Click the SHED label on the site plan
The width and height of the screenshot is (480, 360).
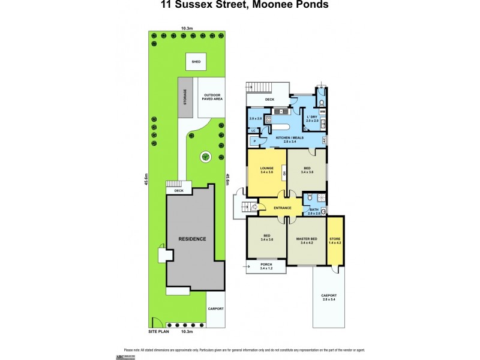tap(196, 62)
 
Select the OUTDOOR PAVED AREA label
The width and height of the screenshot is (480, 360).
tap(212, 97)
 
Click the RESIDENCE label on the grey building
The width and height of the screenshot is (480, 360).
tap(192, 239)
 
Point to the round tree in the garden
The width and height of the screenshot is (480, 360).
tap(205, 157)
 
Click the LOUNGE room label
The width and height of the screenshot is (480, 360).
tap(267, 170)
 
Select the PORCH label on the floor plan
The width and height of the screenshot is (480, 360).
tap(266, 266)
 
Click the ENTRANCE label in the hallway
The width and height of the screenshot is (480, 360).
tap(282, 208)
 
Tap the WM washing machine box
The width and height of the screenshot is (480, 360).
tap(322, 111)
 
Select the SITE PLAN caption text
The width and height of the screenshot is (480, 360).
tap(158, 331)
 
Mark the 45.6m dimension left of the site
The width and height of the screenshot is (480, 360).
tap(146, 180)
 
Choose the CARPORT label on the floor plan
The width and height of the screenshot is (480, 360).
tap(329, 297)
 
